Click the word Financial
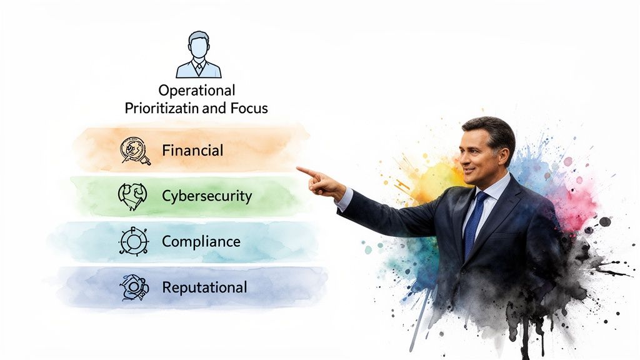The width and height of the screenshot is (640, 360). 192,151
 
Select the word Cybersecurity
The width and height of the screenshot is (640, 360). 206,196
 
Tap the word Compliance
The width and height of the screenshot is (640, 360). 201,241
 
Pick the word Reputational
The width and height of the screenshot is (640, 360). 204,287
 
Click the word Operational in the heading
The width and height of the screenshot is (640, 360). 196,91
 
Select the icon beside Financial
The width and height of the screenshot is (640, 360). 135,150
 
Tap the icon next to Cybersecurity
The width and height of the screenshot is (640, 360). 132,195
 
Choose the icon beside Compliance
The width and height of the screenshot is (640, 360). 132,241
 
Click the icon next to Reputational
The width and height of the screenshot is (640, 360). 134,287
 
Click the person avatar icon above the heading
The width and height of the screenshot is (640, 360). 199,54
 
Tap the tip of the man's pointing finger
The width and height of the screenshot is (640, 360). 299,168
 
